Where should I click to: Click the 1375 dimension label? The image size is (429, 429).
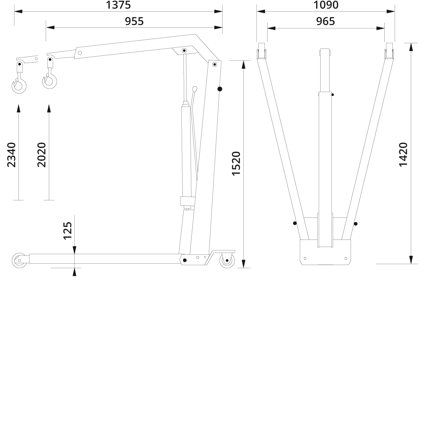118,5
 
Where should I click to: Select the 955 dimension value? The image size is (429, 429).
134,21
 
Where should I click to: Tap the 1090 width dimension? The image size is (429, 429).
326,5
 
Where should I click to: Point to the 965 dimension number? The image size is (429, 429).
325,21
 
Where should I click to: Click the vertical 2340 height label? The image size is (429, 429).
12,155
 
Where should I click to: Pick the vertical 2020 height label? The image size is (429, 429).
42,155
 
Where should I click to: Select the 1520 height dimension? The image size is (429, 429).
236,164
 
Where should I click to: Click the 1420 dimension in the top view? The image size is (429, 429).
403,155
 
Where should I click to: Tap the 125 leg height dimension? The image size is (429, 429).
68,231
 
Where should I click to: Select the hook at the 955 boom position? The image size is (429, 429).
49,81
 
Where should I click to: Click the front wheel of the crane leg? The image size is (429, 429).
19,260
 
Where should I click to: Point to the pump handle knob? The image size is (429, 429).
195,89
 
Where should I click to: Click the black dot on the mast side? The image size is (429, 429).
220,89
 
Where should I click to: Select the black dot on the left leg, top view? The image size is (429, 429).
295,223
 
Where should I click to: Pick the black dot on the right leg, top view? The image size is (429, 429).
355,224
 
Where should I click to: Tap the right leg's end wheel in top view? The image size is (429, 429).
389,51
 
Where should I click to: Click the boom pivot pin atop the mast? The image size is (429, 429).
214,64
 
